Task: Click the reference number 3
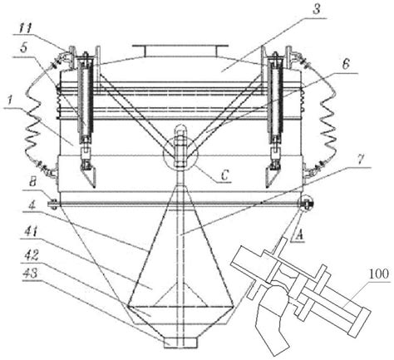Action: pos(316,9)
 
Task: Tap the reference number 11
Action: pos(26,28)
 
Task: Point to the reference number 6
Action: pos(345,64)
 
